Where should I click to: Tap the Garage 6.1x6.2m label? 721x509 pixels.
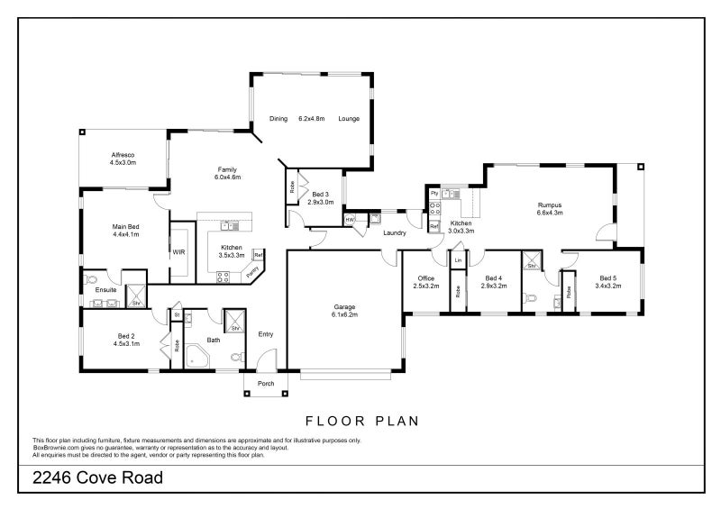coord(343,310)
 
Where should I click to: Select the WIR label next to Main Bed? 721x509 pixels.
coord(178,253)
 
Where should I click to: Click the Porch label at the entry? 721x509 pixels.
coord(266,383)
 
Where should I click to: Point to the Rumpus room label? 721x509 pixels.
coord(549,208)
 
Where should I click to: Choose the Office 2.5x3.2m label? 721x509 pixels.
coord(425,282)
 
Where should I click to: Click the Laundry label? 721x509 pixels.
coord(394,233)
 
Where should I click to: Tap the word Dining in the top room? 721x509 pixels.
coord(278,119)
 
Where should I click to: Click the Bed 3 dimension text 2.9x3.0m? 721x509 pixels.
coord(321,203)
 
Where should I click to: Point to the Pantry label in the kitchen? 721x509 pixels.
coord(253,269)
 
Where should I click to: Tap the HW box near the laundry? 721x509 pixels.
coord(350,219)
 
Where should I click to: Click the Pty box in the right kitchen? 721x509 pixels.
coord(434,194)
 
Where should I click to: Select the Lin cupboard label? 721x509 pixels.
coord(458,260)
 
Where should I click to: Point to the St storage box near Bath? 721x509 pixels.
coord(177,314)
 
